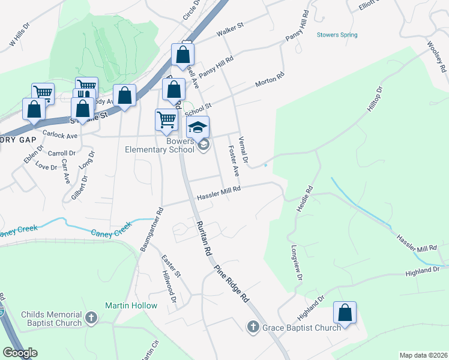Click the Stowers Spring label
pos(337,35)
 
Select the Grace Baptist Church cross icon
pos(253,327)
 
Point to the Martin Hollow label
pos(131,305)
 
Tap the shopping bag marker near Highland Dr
pos(345,313)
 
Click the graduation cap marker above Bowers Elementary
pos(197,127)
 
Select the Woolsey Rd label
pos(434,53)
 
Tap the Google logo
pos(20,353)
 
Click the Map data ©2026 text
pos(423,355)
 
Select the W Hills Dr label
pos(20,37)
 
